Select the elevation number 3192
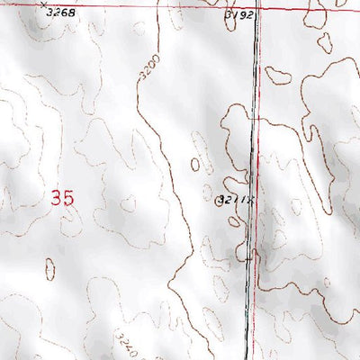point(239,15)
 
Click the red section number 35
point(62,198)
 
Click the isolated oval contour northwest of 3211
point(195,164)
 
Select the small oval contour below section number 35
point(49,267)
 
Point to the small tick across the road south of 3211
point(254,255)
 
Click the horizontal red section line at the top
point(135,6)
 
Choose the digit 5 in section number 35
point(68,198)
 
